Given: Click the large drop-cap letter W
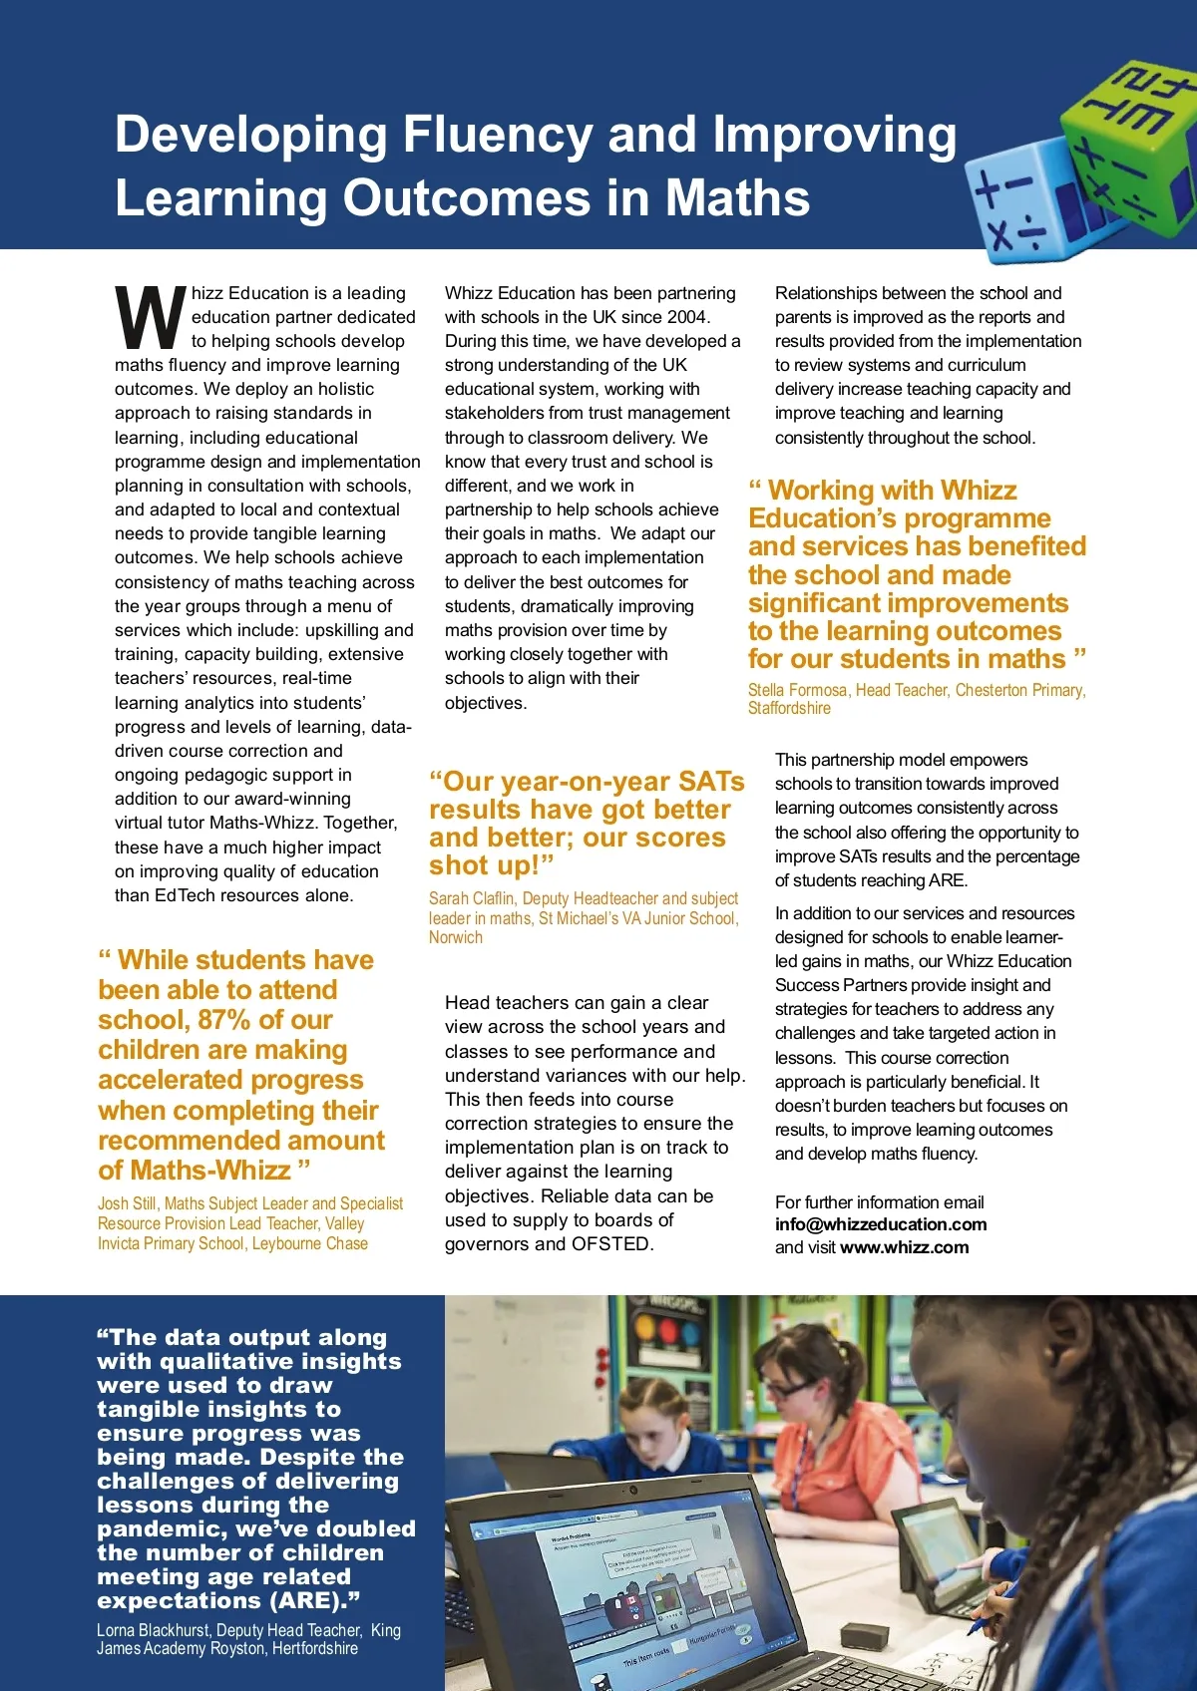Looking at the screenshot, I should click(151, 318).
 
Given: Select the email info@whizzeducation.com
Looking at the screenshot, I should click(881, 1224).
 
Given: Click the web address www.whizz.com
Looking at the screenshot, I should click(904, 1247).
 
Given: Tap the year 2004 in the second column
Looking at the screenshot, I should click(687, 317).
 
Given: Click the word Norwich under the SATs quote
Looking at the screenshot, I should click(456, 937).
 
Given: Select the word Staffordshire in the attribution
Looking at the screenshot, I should click(789, 708).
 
